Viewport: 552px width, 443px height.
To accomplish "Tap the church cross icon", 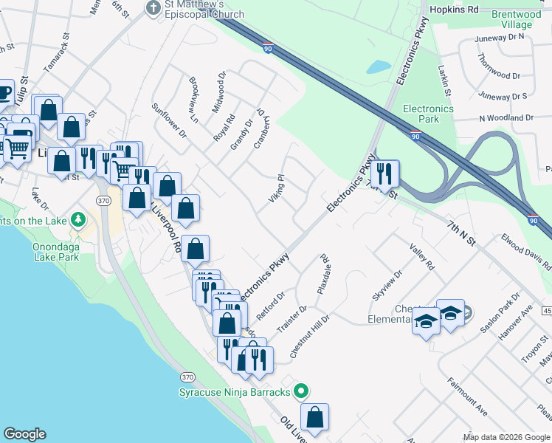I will [x=153, y=8].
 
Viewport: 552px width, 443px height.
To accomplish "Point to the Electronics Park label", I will [x=428, y=114].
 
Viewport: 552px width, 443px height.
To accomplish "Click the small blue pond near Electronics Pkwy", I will [x=379, y=66].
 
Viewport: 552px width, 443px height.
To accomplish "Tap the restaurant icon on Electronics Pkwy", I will [x=384, y=174].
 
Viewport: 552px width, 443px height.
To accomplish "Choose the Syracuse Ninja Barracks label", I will [x=235, y=391].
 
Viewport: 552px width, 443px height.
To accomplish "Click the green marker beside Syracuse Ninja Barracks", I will [x=300, y=391].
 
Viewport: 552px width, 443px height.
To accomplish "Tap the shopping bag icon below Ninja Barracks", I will [x=314, y=418].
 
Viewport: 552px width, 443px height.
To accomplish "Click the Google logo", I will [x=24, y=434].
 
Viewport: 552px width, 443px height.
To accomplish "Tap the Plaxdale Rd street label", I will [x=322, y=275].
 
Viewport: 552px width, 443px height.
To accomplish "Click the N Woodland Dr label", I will [x=506, y=118].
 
